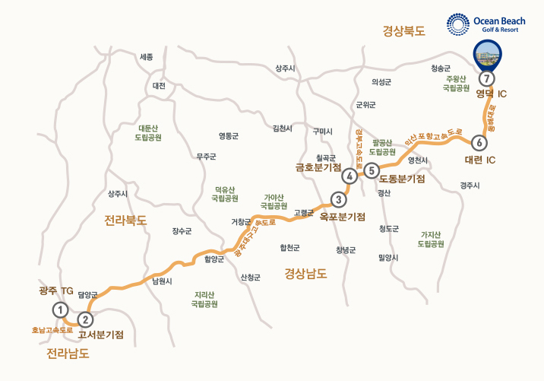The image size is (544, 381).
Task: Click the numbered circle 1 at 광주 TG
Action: [60, 310]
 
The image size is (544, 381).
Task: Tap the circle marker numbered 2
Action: [86, 320]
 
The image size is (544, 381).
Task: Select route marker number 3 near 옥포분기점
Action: [338, 200]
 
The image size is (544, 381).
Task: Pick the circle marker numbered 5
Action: [371, 170]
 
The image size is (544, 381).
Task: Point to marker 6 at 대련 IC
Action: [478, 142]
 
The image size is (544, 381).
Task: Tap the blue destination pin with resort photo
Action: [486, 56]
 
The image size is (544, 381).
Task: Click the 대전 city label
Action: [159, 86]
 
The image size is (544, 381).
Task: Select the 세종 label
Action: [147, 57]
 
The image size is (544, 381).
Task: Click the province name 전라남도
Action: [68, 354]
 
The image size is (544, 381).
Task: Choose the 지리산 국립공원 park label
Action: [205, 299]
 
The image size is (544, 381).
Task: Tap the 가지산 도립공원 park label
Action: [431, 240]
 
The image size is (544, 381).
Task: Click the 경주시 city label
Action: [470, 185]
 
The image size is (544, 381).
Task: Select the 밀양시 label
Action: [387, 258]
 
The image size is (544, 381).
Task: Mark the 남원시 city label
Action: [163, 281]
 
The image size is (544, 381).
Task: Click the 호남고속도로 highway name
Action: [52, 331]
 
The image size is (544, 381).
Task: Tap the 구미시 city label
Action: [323, 132]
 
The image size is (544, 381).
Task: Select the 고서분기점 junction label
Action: [101, 335]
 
